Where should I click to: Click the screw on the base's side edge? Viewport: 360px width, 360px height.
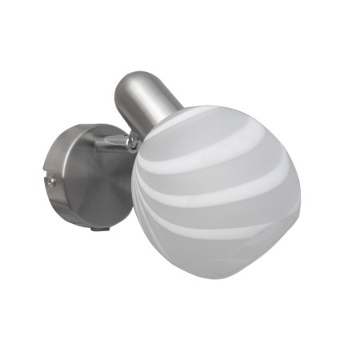(51, 182)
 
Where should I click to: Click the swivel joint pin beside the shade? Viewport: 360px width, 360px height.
(131, 143)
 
